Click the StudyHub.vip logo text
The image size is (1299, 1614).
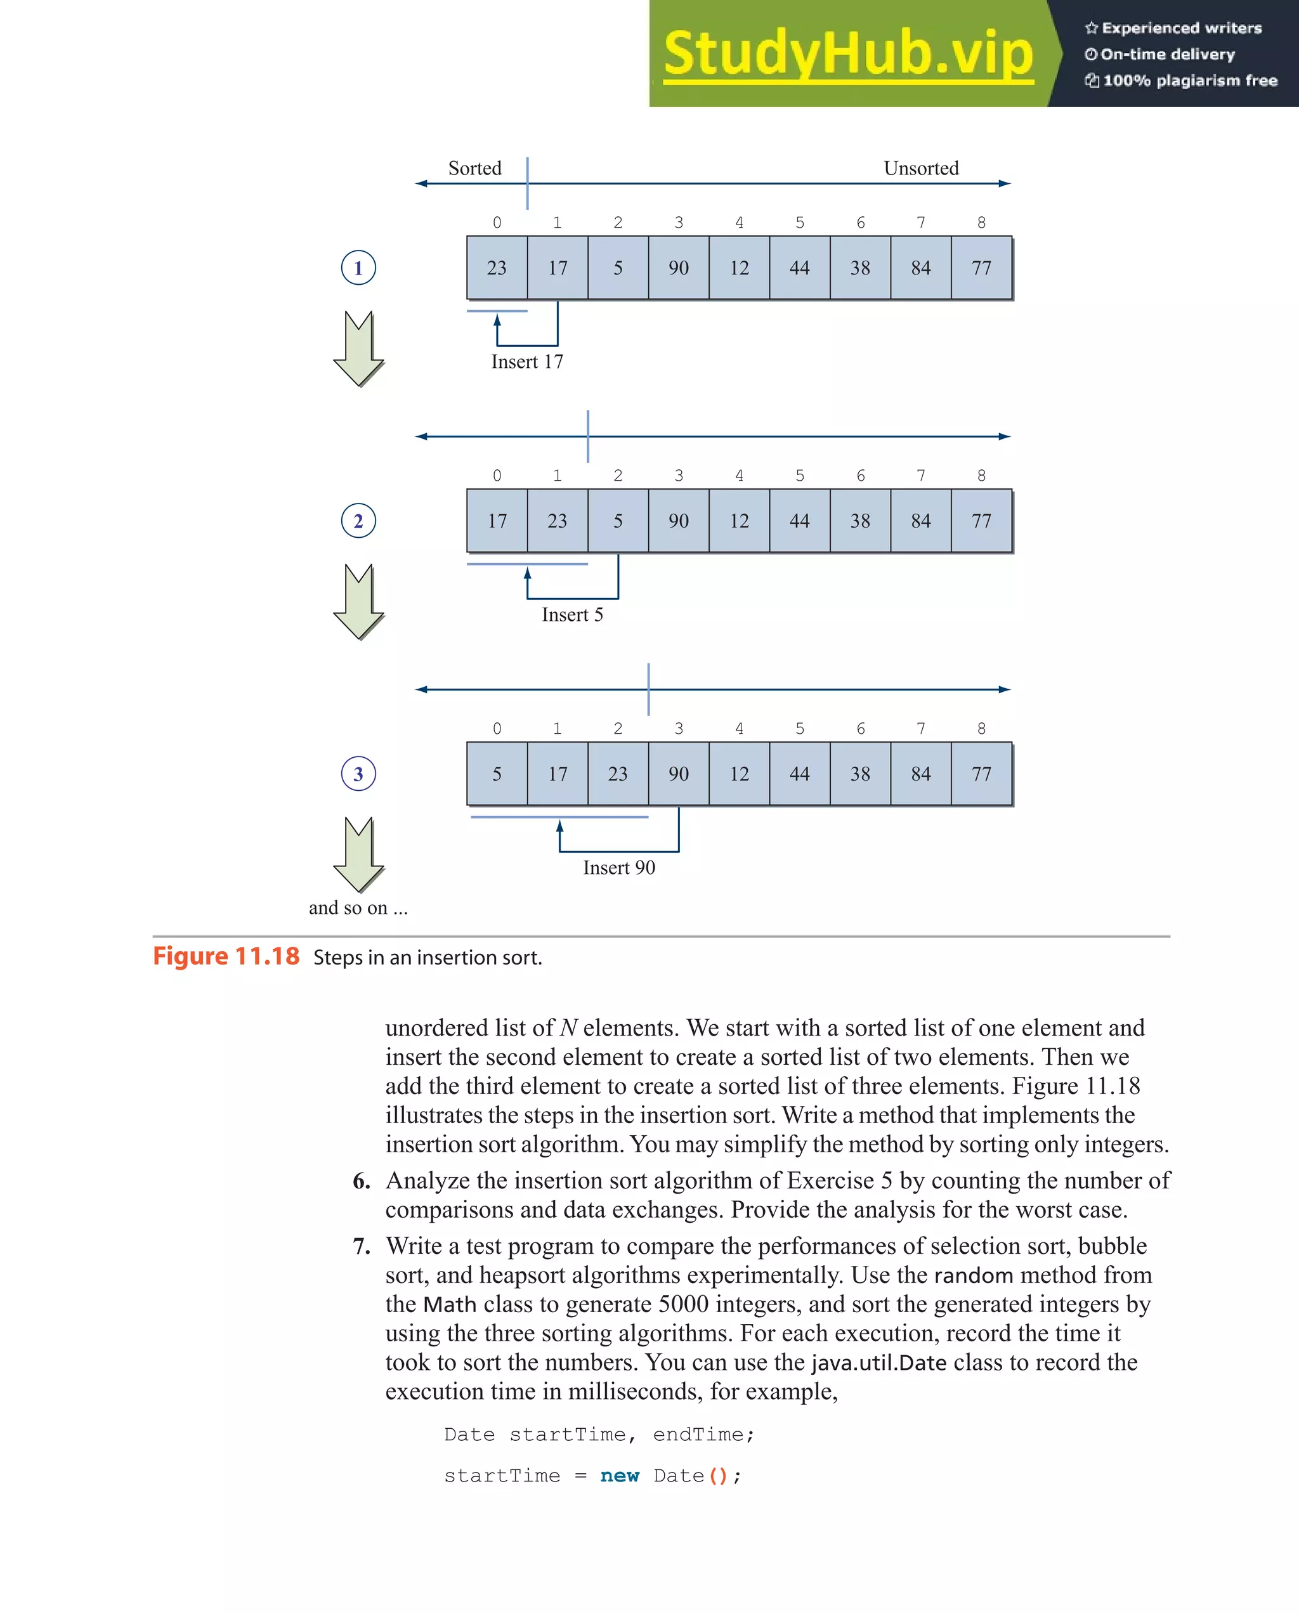[x=847, y=54]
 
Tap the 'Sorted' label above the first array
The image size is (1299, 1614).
[x=474, y=169]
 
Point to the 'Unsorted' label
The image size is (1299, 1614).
[x=921, y=169]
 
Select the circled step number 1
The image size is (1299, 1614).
[x=358, y=268]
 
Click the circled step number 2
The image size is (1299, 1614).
[x=358, y=521]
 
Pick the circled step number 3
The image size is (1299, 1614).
[x=358, y=774]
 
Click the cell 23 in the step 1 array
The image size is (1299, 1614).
[x=497, y=268]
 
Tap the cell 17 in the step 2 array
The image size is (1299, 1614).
[x=497, y=521]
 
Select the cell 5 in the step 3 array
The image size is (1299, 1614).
[x=497, y=774]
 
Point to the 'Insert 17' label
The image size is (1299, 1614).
[x=527, y=362]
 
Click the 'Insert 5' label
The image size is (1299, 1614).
[x=572, y=615]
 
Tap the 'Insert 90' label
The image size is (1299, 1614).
[x=619, y=868]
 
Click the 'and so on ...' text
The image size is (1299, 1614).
[x=358, y=908]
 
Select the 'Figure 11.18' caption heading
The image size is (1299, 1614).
[x=226, y=957]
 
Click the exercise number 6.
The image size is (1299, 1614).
[x=362, y=1181]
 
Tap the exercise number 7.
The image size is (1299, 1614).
[x=362, y=1246]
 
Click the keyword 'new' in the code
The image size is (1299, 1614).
[x=619, y=1476]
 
